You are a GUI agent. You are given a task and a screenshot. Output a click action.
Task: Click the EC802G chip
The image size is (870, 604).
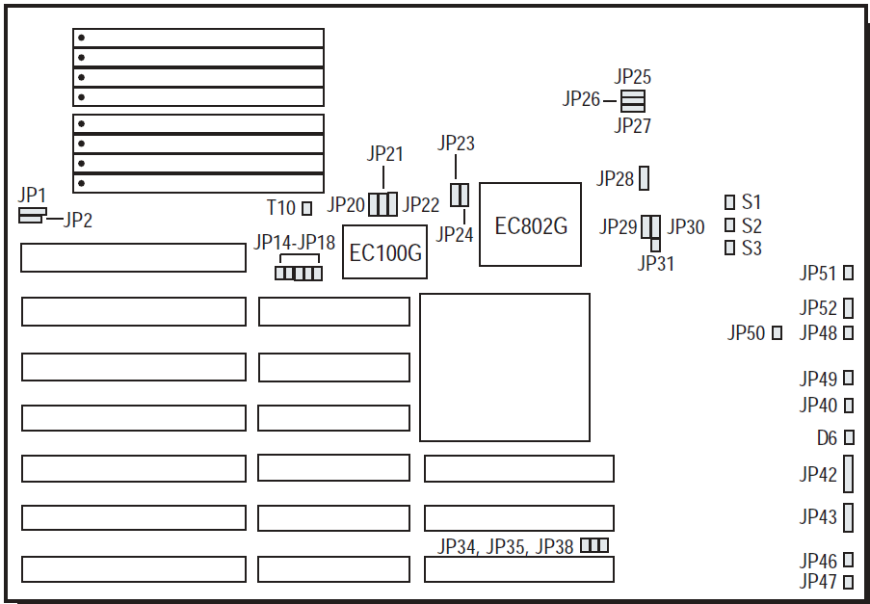pos(530,223)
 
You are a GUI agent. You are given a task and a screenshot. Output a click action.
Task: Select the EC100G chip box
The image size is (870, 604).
pos(384,253)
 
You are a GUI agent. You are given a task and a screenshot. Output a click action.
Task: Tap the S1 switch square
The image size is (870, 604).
pos(729,202)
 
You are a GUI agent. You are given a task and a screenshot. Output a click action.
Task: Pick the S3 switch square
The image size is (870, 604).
pos(729,248)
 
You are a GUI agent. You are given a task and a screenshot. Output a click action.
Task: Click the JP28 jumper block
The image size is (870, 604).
pos(645,178)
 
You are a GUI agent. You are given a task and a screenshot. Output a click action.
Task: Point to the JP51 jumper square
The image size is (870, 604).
pos(849,273)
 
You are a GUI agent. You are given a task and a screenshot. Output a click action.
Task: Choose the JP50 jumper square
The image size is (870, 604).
pos(778,333)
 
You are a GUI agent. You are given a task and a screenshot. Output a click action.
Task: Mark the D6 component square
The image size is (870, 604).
pos(849,438)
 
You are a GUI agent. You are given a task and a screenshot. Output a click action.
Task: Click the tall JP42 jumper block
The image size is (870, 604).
pos(849,474)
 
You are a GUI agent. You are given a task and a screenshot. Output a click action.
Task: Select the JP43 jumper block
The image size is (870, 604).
pos(849,517)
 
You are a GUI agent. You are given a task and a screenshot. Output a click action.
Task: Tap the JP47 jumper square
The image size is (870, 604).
pos(849,582)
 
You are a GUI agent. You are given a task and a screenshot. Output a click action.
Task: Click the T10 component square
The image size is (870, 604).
pos(307,207)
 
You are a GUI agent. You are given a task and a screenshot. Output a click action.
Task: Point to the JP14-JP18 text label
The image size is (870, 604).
pos(295,243)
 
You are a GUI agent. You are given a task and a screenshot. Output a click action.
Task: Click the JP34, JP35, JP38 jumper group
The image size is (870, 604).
pos(594,546)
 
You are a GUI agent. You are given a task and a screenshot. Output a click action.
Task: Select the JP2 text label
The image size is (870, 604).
pos(78,221)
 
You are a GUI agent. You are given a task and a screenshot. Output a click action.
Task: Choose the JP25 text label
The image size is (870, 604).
pos(633,77)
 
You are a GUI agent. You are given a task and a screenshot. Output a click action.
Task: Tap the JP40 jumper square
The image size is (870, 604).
pos(849,406)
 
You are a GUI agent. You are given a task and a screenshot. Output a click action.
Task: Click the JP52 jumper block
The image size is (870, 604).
pos(849,308)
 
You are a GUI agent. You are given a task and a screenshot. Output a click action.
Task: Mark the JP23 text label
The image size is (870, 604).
pos(456,144)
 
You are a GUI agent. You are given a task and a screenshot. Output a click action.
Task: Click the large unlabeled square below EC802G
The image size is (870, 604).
pos(505,367)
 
